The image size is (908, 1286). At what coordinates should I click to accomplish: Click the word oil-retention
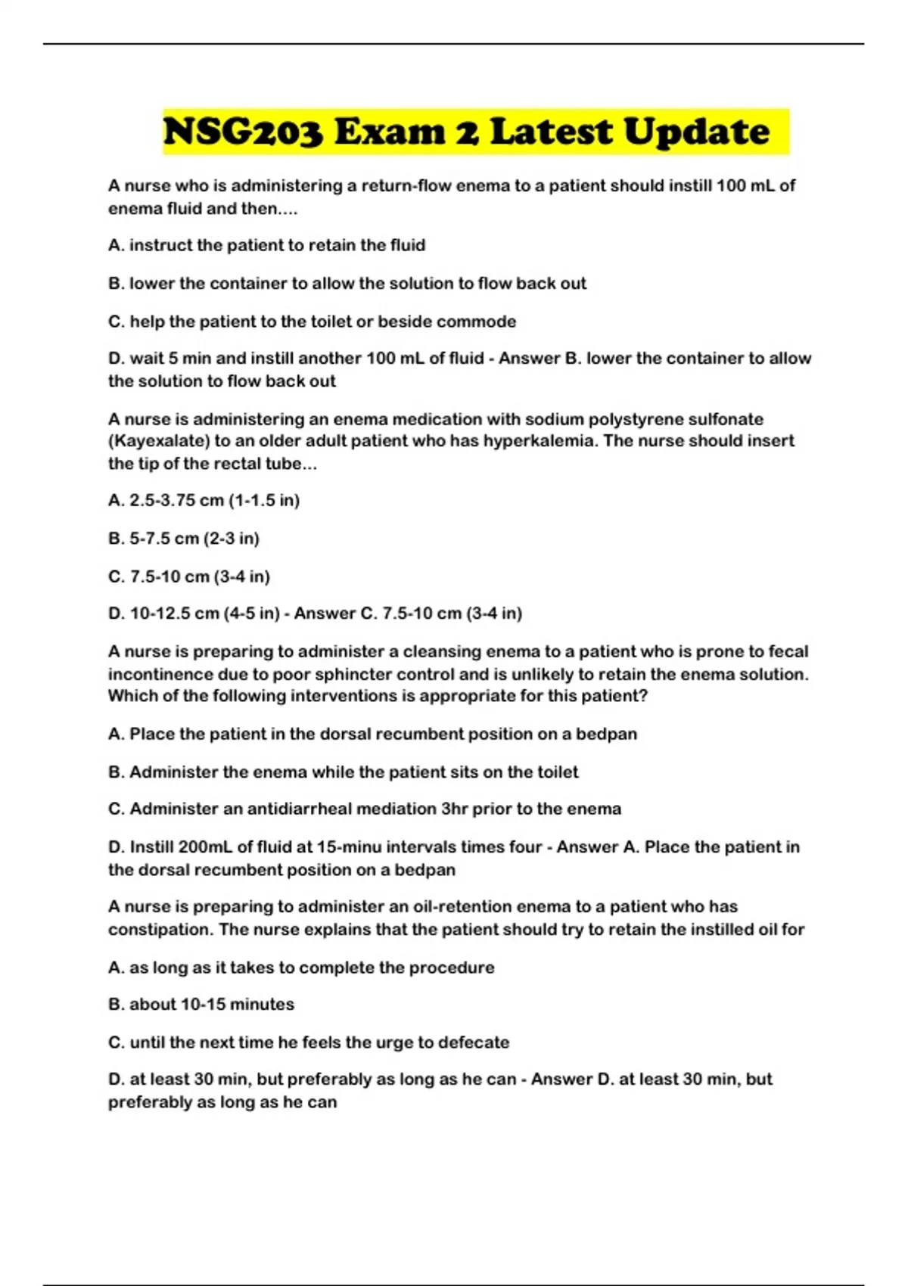(x=461, y=907)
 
